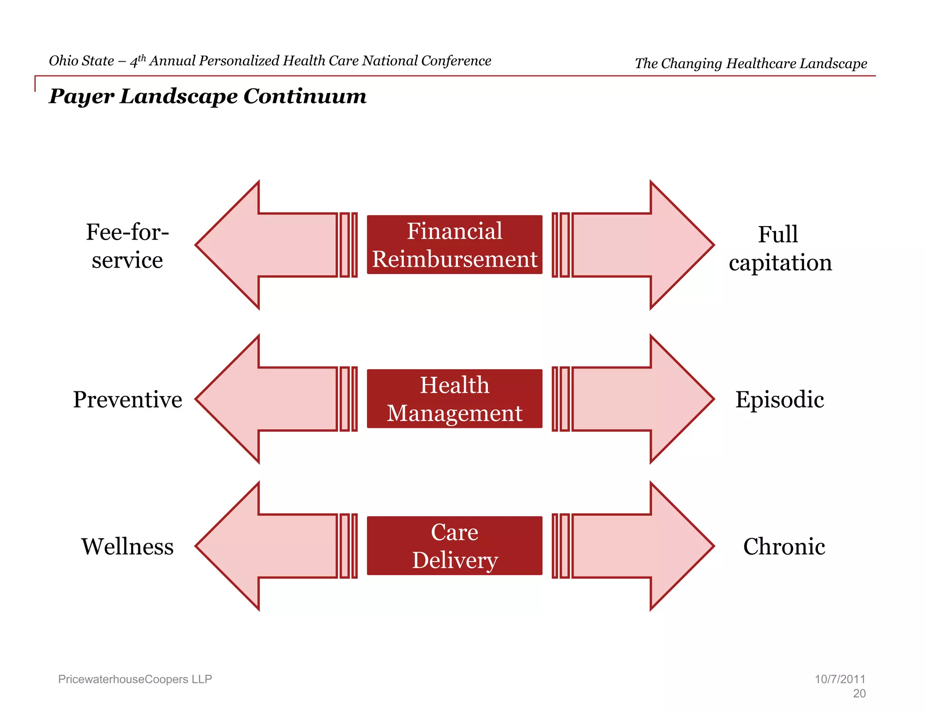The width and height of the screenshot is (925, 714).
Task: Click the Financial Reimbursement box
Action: point(454,245)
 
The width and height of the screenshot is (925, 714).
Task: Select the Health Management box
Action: point(454,399)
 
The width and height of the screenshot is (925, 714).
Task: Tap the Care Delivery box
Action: point(454,546)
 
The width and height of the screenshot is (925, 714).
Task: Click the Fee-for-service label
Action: point(127,246)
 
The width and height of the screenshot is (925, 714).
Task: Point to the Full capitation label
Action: point(780,248)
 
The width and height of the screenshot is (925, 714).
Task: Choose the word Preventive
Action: point(127,399)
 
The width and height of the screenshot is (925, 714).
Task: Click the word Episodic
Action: point(780,399)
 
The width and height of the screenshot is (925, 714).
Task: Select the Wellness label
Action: point(127,547)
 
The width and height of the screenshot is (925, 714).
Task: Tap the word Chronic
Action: point(784,547)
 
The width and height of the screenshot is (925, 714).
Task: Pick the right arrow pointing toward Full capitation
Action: point(641,245)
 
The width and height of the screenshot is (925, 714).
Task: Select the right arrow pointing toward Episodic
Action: point(641,399)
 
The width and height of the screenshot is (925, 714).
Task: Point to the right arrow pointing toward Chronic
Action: point(641,546)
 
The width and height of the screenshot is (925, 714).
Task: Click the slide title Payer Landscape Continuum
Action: point(208,96)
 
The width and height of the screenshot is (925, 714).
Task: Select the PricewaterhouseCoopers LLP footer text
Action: point(135,679)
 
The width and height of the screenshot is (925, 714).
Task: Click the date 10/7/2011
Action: point(840,679)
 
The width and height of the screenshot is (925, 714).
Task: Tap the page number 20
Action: point(859,694)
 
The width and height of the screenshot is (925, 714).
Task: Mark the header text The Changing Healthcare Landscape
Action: point(751,64)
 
